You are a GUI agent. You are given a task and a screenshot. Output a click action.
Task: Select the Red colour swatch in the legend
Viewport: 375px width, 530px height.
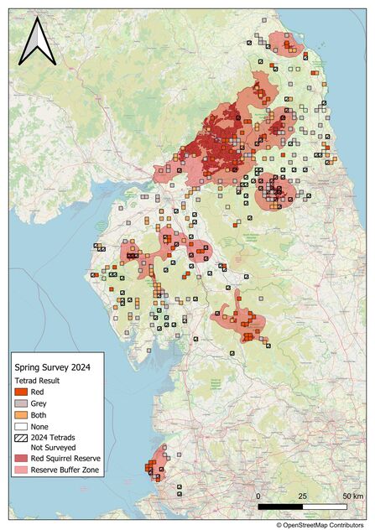coord(21,392)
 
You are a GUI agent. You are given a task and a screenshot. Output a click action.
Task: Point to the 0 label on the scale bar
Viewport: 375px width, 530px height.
coord(258,497)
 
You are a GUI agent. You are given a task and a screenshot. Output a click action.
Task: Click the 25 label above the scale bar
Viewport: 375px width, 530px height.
coord(302,497)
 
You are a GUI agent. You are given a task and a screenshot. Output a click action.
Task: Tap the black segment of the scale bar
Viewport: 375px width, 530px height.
coord(280,507)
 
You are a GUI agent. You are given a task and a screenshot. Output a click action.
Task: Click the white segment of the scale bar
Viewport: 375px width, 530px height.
coord(325,507)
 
